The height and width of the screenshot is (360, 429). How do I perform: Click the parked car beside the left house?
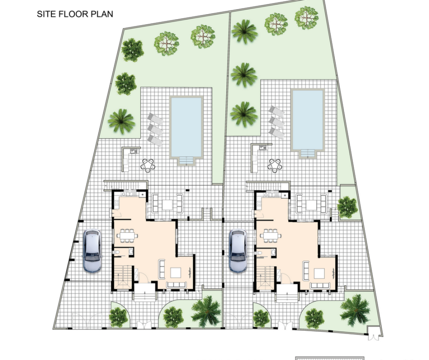(92, 250)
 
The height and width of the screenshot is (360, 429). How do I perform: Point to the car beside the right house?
(238, 250)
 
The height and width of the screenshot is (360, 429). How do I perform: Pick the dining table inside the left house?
(127, 235)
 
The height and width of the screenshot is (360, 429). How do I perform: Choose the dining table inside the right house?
(271, 235)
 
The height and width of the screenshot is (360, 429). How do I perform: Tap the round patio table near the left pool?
(148, 165)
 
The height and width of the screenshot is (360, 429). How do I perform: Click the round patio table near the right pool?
(275, 165)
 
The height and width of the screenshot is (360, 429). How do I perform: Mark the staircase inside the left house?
(123, 277)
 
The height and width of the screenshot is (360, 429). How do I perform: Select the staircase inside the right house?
(265, 277)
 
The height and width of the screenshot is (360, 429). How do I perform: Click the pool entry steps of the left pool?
(186, 160)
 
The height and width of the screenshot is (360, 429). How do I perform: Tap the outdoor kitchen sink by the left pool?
(134, 151)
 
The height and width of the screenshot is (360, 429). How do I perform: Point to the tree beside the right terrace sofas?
(347, 207)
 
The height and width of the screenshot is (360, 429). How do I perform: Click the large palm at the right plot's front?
(355, 310)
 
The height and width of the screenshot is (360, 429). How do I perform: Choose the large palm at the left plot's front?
(206, 311)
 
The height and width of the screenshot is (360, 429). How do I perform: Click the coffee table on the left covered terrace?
(168, 205)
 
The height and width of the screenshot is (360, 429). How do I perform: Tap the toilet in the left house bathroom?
(116, 252)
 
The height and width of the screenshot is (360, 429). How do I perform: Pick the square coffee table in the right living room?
(319, 273)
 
